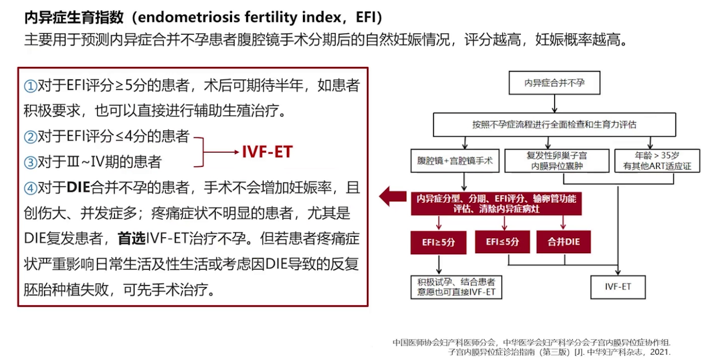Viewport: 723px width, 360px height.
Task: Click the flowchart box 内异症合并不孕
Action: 555,83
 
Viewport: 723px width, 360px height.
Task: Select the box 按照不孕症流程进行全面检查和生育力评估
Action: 554,125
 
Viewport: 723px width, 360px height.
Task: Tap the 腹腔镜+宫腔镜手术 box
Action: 455,161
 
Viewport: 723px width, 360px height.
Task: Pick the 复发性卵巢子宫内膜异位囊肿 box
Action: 557,161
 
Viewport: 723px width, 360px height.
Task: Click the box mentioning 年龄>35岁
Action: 657,161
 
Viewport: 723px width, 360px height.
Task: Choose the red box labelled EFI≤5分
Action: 502,242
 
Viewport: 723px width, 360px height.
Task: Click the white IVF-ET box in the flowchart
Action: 618,286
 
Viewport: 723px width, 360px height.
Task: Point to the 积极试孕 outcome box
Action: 456,286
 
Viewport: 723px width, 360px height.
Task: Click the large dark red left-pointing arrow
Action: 392,197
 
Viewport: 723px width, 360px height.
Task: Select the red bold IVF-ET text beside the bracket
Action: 267,152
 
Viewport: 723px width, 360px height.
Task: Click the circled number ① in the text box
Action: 31,86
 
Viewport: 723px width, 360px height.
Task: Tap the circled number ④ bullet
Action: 31,189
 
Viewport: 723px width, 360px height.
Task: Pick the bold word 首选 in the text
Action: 132,239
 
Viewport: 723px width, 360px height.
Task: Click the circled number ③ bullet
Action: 31,163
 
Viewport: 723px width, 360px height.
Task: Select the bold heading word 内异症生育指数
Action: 74,18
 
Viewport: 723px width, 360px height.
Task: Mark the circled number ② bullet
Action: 31,137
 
